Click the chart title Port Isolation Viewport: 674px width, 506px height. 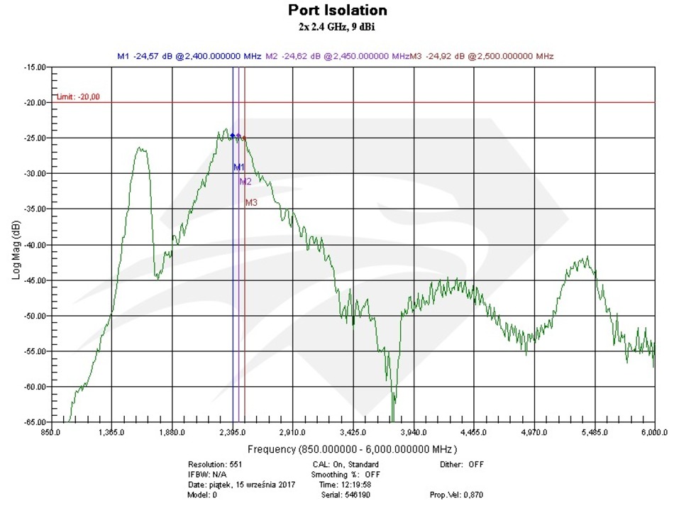[x=337, y=11]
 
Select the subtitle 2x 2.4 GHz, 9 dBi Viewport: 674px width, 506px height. [x=337, y=27]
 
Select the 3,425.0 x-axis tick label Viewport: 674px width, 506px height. [x=353, y=431]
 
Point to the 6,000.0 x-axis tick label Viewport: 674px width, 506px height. [x=653, y=431]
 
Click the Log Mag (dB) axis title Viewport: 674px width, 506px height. [x=16, y=245]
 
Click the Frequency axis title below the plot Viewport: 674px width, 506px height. [x=353, y=449]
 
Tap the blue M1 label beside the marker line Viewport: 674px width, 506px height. [x=239, y=167]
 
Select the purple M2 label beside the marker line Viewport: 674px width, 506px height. [x=245, y=182]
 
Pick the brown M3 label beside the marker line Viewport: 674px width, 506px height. [x=251, y=203]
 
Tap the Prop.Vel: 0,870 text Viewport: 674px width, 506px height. [x=457, y=495]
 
